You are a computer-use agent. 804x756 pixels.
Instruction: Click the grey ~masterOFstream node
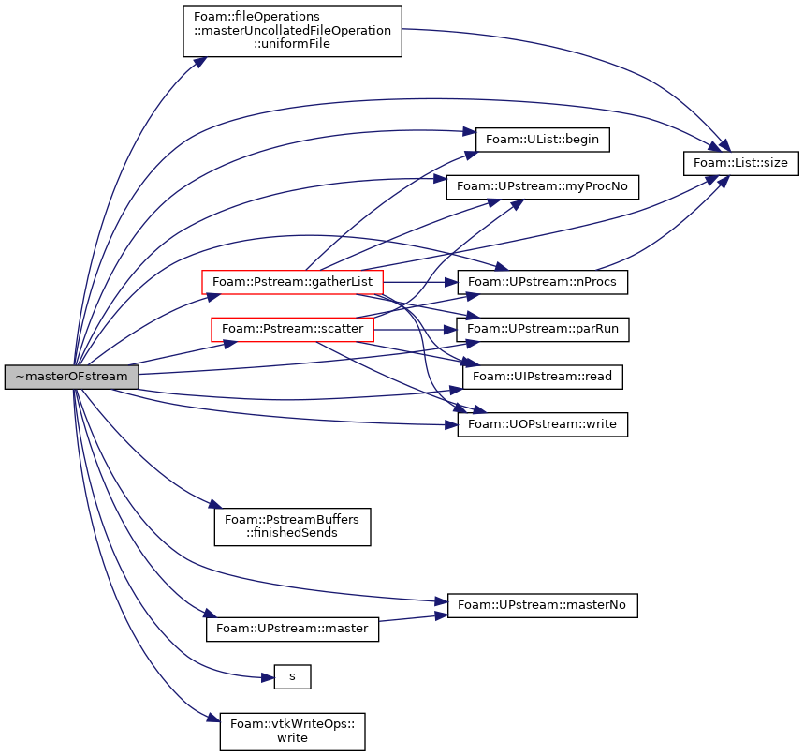click(x=72, y=377)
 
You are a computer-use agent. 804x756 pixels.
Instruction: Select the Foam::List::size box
click(x=741, y=163)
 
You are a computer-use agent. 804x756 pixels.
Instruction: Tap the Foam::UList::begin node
click(x=543, y=140)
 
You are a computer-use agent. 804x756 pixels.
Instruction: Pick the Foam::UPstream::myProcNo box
click(x=543, y=186)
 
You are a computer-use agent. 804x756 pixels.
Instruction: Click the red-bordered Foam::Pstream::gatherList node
click(x=292, y=282)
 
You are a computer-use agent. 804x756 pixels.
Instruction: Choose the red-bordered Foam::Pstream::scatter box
click(x=292, y=329)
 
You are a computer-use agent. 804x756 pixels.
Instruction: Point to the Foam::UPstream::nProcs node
click(x=543, y=282)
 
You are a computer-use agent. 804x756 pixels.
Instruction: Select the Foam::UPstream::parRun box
click(x=543, y=329)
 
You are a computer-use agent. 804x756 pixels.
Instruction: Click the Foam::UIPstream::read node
click(x=543, y=377)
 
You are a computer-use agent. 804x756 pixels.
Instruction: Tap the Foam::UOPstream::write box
click(x=543, y=424)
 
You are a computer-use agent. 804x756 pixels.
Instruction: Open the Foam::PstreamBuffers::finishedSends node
click(x=292, y=526)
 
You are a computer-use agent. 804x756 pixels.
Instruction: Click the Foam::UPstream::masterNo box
click(x=543, y=605)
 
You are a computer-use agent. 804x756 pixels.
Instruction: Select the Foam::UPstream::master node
click(x=292, y=630)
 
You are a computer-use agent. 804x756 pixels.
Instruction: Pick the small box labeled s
click(x=292, y=677)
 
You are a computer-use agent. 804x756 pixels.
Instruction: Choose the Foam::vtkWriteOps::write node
click(x=292, y=732)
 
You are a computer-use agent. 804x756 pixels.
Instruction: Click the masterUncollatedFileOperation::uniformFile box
click(x=292, y=31)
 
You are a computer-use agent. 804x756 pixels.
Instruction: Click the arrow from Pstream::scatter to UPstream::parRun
click(x=416, y=329)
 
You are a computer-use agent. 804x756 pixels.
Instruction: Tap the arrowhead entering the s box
click(x=269, y=678)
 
